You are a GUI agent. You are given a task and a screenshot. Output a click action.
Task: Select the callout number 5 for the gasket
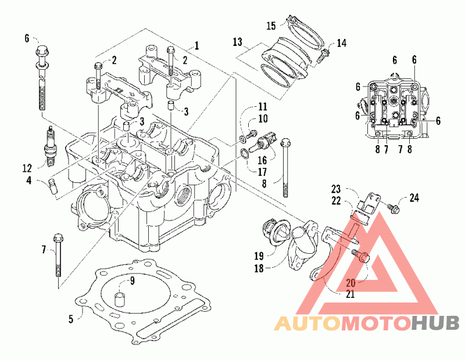point(71,319)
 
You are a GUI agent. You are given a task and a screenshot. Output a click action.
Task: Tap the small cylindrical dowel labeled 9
point(120,300)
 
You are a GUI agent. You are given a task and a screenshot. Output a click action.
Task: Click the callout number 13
point(238,42)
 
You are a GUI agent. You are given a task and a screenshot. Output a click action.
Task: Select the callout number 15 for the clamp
point(271,26)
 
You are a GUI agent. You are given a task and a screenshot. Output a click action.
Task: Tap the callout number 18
point(259,268)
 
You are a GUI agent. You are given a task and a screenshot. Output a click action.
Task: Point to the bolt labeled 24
point(394,207)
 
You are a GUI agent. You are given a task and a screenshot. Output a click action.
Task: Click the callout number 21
point(350,294)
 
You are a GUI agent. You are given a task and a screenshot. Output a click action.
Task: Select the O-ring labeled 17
point(245,154)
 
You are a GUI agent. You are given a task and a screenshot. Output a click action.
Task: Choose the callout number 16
point(262,160)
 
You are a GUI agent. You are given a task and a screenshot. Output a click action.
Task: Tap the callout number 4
point(28,180)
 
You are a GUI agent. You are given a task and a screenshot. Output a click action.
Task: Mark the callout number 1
point(196,46)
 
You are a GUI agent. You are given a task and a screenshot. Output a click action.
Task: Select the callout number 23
point(336,189)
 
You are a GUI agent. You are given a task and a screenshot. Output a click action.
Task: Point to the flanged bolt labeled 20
point(360,256)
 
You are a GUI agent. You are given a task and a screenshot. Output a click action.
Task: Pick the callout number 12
point(27,168)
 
